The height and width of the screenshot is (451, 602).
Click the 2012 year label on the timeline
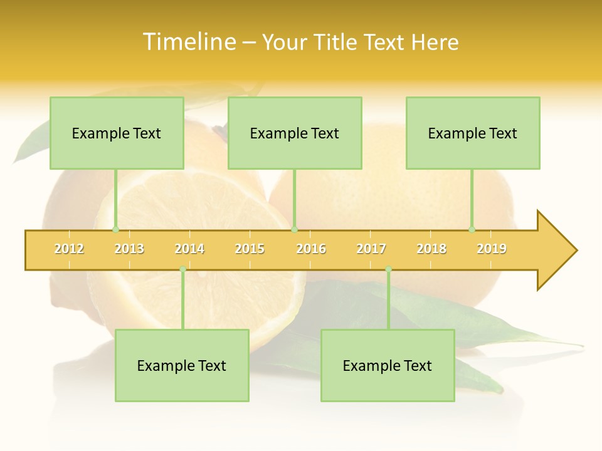click(x=69, y=249)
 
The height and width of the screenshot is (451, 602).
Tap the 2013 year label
click(x=129, y=249)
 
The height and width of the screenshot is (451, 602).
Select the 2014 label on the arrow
click(x=189, y=249)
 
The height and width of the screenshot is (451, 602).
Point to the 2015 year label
click(x=250, y=249)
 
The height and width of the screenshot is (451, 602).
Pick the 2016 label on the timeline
click(x=311, y=249)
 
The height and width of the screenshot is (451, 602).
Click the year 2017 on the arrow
click(x=371, y=249)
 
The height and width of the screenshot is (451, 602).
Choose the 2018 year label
click(x=431, y=249)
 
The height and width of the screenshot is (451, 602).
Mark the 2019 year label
click(x=492, y=249)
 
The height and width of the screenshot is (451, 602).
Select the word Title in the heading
click(x=337, y=42)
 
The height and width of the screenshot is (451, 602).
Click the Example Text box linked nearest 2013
click(x=117, y=133)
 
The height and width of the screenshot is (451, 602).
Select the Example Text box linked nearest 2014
click(x=182, y=366)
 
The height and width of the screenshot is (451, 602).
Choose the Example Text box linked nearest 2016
click(x=295, y=133)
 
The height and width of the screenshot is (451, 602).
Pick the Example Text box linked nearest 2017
click(x=388, y=366)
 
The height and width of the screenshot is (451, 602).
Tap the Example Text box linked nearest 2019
click(x=473, y=133)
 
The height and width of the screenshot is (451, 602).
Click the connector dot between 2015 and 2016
click(x=295, y=230)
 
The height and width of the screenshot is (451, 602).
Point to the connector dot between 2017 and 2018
click(x=388, y=269)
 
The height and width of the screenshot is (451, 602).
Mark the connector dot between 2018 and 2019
click(x=472, y=230)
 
